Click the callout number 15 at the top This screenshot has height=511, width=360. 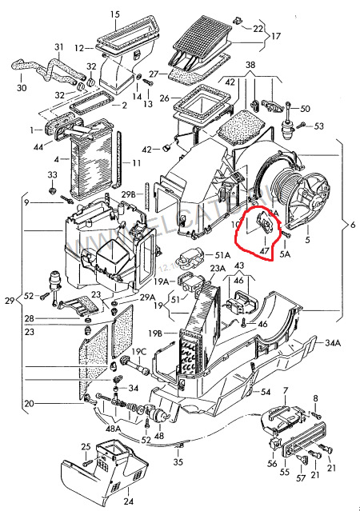click(x=115, y=14)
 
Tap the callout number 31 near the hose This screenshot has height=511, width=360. click(x=58, y=47)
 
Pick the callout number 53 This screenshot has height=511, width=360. click(x=319, y=126)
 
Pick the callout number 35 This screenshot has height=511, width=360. click(x=178, y=462)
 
